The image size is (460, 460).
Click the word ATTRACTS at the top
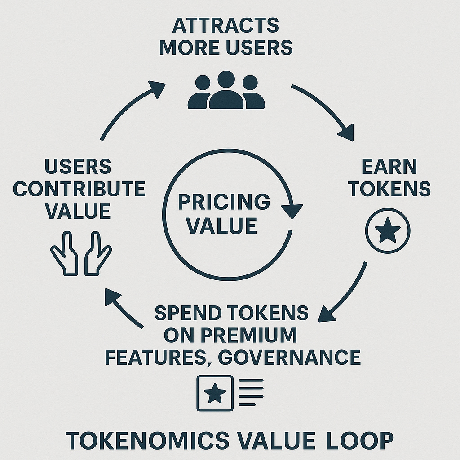pyautogui.click(x=226, y=26)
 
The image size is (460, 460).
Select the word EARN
pyautogui.click(x=389, y=167)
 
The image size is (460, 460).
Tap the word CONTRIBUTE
pyautogui.click(x=79, y=189)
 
